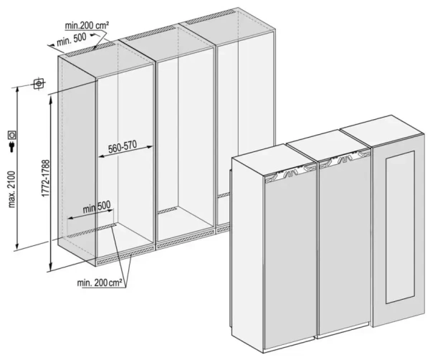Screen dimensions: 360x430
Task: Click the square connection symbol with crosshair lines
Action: tap(39, 84)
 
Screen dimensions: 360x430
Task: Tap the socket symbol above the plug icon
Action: tap(11, 134)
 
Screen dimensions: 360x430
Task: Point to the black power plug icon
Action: tap(11, 148)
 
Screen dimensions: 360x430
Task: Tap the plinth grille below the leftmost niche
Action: tap(125, 252)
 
